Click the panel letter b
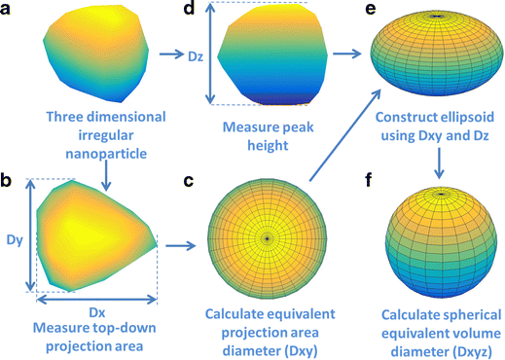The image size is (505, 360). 8,182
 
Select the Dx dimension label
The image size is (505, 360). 96,311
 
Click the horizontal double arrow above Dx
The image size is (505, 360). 95,298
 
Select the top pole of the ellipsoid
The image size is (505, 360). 437,15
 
